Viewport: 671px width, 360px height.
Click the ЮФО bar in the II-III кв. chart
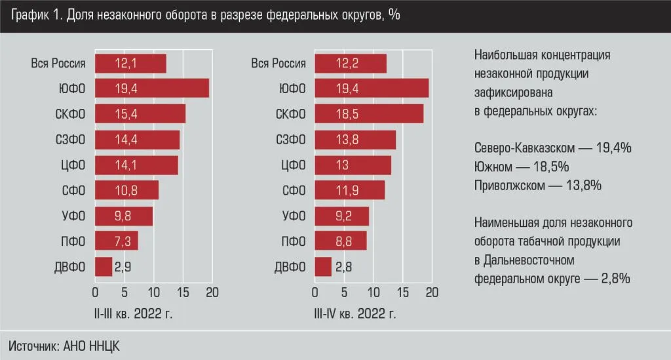(152, 89)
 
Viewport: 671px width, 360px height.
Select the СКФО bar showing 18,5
(369, 113)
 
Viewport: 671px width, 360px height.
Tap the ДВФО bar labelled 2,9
(104, 266)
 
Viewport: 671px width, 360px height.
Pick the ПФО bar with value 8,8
(341, 241)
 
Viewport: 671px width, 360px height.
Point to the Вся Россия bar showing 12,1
(130, 63)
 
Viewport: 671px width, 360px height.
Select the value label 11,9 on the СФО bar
(344, 190)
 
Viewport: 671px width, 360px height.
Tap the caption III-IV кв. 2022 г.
(356, 313)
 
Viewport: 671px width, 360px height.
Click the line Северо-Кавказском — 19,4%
(552, 148)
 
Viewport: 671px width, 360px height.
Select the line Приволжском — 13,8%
(537, 186)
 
